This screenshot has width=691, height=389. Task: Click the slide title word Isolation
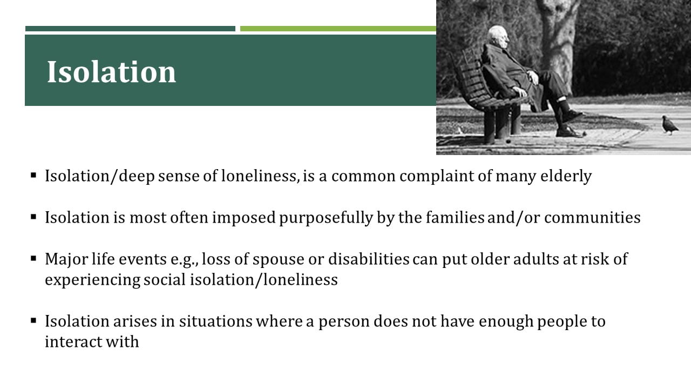point(111,72)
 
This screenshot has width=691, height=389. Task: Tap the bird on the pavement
point(670,125)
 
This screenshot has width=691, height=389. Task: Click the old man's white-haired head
point(499,37)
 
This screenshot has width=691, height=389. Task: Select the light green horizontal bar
point(338,29)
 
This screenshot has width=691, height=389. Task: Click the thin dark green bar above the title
point(130,29)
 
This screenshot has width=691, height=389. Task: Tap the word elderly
point(566,177)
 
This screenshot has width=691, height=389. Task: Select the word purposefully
point(326,218)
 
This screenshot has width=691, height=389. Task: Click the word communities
point(592,218)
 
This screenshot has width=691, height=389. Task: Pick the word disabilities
point(369,259)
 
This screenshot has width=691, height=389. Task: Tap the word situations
point(216,321)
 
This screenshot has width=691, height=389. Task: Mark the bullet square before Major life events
point(33,258)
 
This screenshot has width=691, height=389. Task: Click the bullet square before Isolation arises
point(33,321)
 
